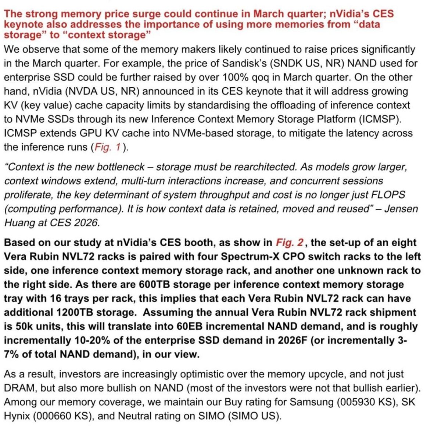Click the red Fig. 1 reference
pos(108,147)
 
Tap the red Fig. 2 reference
pos(290,243)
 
